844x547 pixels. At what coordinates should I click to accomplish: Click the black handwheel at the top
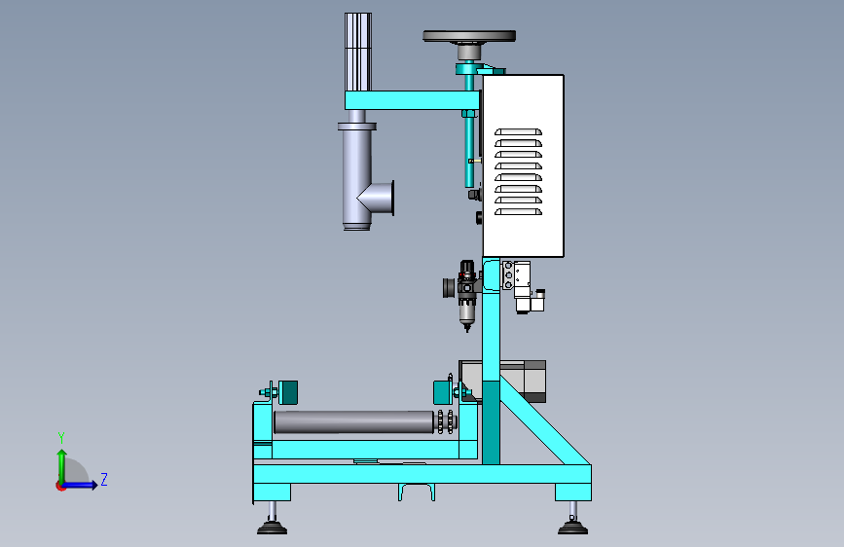point(469,36)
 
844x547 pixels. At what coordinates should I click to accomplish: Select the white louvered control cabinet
point(523,165)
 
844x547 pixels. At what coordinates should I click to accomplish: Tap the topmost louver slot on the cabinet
point(518,132)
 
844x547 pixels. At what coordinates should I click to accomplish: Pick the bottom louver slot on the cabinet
point(518,211)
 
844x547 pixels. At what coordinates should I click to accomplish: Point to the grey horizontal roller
point(353,422)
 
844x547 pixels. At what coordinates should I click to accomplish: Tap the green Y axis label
point(61,438)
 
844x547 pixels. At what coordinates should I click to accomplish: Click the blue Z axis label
point(104,479)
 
